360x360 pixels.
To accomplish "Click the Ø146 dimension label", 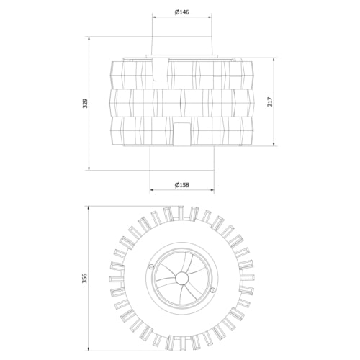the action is click(x=181, y=12).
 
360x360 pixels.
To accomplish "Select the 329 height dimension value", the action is click(x=85, y=103).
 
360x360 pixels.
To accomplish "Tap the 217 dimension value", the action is click(x=271, y=102).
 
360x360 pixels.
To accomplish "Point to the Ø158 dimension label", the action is click(x=181, y=185).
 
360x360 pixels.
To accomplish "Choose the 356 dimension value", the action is click(x=85, y=278).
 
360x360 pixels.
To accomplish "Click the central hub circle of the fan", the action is click(x=182, y=279).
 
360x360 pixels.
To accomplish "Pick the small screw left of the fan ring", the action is click(x=150, y=266).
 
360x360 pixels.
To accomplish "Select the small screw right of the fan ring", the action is click(x=212, y=290).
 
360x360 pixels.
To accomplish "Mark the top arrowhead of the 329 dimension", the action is click(x=89, y=39).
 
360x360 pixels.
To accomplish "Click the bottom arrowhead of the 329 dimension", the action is click(x=89, y=168).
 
